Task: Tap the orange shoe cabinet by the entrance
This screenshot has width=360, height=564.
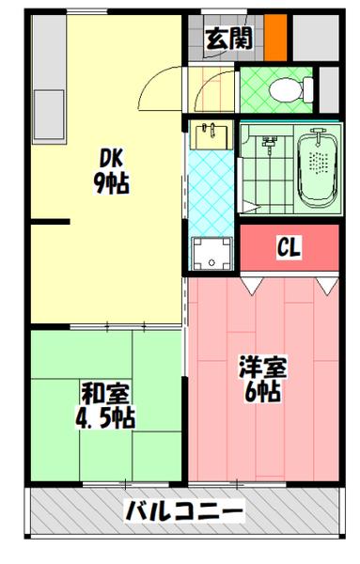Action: pyautogui.click(x=275, y=39)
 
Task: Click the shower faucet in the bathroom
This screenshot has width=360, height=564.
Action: pyautogui.click(x=268, y=145)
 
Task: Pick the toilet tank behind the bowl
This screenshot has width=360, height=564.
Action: pyautogui.click(x=307, y=90)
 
